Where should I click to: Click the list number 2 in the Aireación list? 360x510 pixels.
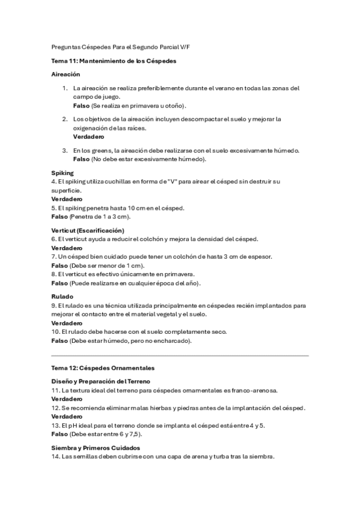[x=65, y=118]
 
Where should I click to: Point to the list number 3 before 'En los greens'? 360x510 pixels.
[x=65, y=150]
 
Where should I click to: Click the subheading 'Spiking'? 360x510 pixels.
[x=63, y=173]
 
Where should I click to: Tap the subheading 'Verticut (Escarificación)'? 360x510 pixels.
[x=88, y=230]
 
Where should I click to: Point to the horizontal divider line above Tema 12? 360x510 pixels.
[x=180, y=356]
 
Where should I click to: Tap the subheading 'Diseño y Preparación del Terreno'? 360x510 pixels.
[x=101, y=381]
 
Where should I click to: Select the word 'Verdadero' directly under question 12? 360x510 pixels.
[x=67, y=416]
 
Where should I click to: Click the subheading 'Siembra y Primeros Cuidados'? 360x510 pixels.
[x=96, y=447]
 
